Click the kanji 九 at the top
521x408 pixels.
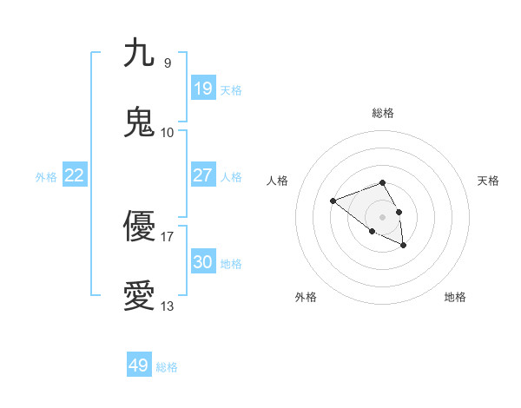click(x=139, y=53)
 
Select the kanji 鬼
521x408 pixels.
click(x=139, y=122)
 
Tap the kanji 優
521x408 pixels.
click(x=139, y=227)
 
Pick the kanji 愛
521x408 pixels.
click(x=139, y=296)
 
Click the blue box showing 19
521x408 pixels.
click(x=203, y=89)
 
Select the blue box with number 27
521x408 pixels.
click(x=203, y=175)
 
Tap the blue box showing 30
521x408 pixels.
click(x=203, y=262)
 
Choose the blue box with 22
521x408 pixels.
click(x=75, y=175)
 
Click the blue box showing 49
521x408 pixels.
click(x=139, y=365)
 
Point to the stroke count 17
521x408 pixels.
click(x=167, y=235)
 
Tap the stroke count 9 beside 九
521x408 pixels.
click(x=167, y=63)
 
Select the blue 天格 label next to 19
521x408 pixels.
click(x=231, y=90)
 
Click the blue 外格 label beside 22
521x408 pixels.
click(x=46, y=177)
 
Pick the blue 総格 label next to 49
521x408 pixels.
click(x=167, y=367)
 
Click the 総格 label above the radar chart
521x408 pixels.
click(x=383, y=113)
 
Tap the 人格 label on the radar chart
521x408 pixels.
click(x=277, y=181)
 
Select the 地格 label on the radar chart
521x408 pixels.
click(x=455, y=297)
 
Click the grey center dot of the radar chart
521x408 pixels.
click(x=383, y=216)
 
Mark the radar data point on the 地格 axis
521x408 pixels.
click(x=404, y=246)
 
